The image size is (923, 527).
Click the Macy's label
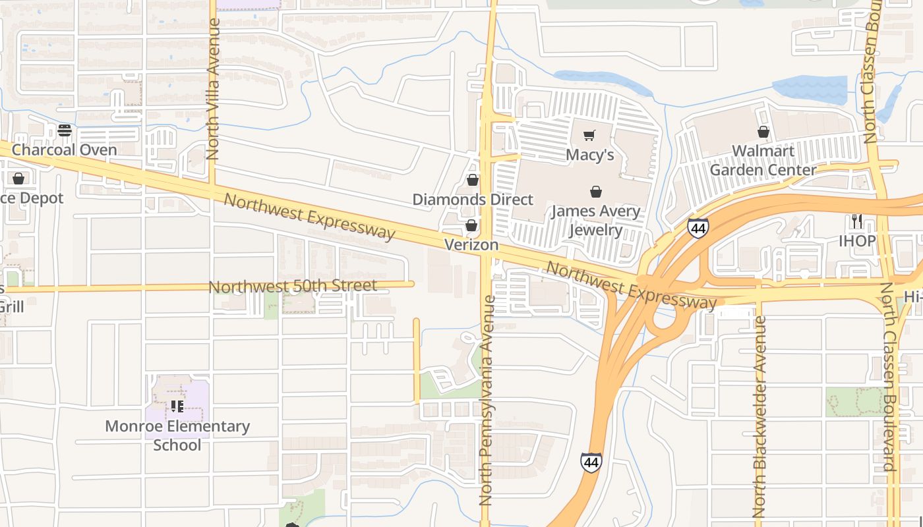coord(590,155)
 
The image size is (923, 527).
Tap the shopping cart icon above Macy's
coord(589,135)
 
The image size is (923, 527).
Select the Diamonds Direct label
coord(473,199)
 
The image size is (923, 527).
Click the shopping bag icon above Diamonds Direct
coord(473,180)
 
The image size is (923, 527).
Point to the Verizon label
coord(471,244)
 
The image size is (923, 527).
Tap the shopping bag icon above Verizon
coord(471,226)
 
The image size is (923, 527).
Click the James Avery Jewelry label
coord(595,220)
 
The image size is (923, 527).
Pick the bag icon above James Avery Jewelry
coord(596,192)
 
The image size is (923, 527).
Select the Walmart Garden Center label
coord(763,160)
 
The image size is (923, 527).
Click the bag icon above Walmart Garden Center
coord(763,132)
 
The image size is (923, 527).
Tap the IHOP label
coord(857,240)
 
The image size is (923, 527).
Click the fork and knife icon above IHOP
coord(856,221)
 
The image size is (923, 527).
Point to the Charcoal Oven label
coord(65,150)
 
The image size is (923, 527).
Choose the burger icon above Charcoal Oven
coord(64,130)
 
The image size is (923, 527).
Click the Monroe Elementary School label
coord(177,435)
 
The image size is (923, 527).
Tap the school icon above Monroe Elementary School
coord(177,406)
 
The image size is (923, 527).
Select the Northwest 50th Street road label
coord(293,287)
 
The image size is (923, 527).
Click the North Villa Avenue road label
coord(212,89)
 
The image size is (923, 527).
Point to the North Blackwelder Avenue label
coord(759,416)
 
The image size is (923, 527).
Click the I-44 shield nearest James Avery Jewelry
coord(698,228)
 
